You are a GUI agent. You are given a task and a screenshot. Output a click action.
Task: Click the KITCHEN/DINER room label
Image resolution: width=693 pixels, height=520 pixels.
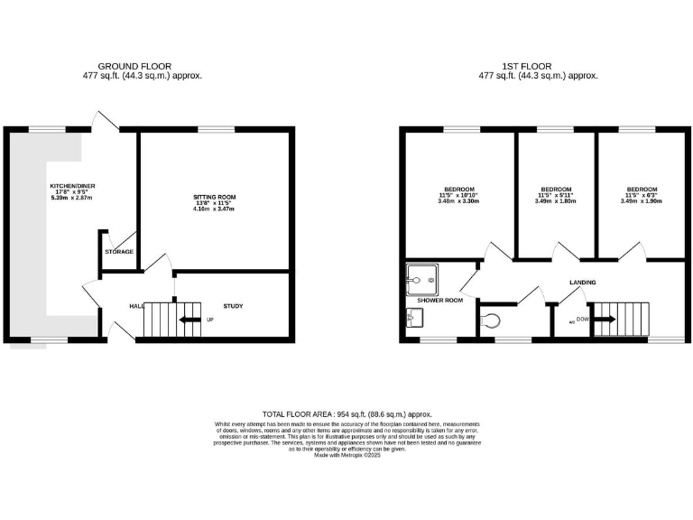click(x=72, y=186)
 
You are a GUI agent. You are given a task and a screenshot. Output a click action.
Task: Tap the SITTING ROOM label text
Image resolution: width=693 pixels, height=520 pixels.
click(x=215, y=196)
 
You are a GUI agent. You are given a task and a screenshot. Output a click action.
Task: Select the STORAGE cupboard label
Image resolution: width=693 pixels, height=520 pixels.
click(x=119, y=251)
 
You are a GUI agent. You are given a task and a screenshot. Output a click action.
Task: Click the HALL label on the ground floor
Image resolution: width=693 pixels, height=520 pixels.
click(x=136, y=307)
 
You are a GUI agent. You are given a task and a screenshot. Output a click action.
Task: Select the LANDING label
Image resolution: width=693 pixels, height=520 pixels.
click(x=582, y=283)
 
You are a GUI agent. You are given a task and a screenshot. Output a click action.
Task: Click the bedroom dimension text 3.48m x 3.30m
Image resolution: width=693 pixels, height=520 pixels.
click(x=457, y=201)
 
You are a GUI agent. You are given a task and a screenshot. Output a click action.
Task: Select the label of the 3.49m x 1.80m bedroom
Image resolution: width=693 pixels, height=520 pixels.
click(x=554, y=190)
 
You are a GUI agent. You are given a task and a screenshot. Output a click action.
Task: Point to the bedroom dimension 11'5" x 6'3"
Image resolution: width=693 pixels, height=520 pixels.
click(x=642, y=196)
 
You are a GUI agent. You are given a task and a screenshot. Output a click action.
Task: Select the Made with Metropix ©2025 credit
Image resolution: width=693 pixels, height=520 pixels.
click(x=347, y=456)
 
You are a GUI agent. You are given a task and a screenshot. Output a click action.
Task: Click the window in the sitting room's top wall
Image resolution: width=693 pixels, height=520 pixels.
click(x=210, y=130)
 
